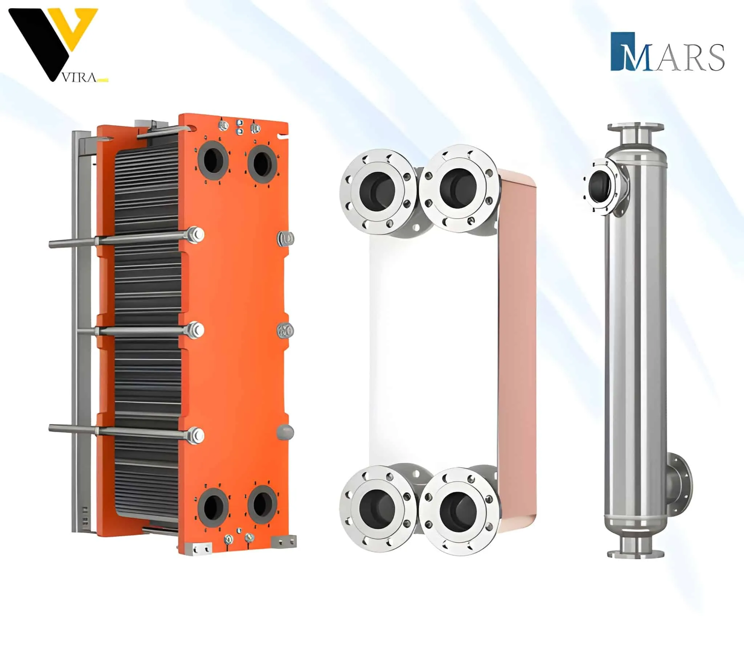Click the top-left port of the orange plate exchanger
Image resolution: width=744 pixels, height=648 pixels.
pos(213,162)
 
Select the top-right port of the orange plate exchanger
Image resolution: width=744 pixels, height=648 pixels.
pos(263,164)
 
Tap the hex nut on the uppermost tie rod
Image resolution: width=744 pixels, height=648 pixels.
pos(196,235)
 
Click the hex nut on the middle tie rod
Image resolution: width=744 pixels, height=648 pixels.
pos(196,330)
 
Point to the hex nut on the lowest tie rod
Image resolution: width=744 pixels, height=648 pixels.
pos(196,436)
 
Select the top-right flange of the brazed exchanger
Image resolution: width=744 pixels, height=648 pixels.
pos(457,188)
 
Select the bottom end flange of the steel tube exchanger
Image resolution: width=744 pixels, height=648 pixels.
pos(636,554)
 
